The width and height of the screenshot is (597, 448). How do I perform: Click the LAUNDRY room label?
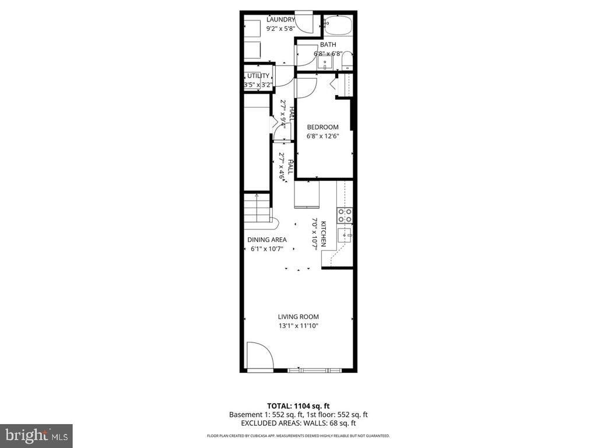click(280, 19)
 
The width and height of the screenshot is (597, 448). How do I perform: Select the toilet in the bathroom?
click(346, 60)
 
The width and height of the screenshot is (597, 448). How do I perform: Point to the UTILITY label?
click(258, 76)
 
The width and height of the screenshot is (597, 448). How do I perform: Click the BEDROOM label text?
click(322, 127)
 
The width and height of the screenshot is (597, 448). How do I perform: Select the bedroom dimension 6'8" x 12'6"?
click(322, 136)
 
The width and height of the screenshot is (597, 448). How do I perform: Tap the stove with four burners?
click(345, 215)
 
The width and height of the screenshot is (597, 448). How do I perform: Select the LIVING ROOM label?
click(298, 317)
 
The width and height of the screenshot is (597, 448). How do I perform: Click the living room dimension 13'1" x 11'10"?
click(298, 326)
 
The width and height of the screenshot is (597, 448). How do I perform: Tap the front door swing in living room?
click(259, 356)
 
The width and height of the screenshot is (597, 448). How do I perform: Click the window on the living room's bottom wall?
click(315, 370)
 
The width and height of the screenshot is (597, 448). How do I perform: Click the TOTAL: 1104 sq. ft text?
click(298, 405)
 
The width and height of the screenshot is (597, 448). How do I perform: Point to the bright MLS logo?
click(36, 435)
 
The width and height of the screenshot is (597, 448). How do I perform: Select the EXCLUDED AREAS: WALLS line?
click(298, 423)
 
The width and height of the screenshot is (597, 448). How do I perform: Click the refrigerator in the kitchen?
click(307, 194)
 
